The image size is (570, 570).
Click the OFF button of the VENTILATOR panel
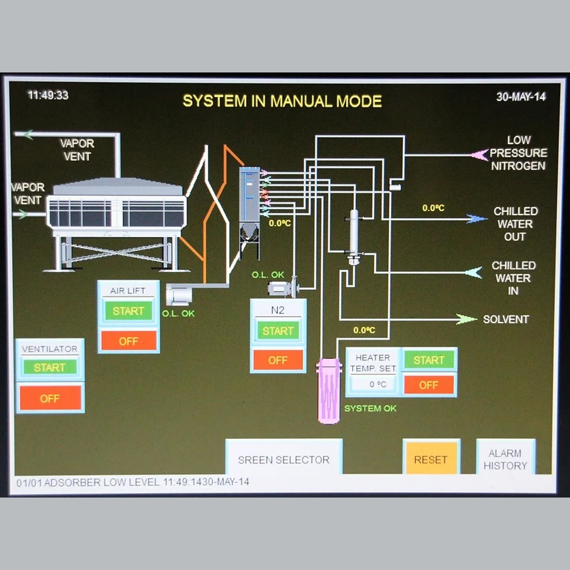pos(50,398)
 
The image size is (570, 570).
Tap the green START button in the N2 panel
pos(278,331)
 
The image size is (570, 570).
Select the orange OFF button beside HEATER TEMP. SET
pos(429,385)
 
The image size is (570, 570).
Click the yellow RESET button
pos(431,459)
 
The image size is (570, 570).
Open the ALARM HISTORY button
pos(505,459)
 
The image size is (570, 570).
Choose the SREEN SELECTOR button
pos(284,459)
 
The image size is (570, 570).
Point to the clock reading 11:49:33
pos(48,95)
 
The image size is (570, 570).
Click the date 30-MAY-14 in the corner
pos(520,97)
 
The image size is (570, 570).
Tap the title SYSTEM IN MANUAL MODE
pos(282,101)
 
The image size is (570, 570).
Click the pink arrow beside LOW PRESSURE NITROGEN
pos(479,154)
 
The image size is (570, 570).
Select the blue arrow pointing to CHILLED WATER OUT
pos(476,219)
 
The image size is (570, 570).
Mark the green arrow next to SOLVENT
pos(466,319)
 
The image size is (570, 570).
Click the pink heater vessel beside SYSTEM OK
pos(328,390)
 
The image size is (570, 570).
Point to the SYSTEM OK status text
pos(370,408)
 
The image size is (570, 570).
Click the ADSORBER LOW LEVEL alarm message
pos(133,482)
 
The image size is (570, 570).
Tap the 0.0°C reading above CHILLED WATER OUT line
pos(433,208)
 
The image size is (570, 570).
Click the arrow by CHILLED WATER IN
pos(474,273)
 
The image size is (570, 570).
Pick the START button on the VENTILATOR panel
pos(50,367)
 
